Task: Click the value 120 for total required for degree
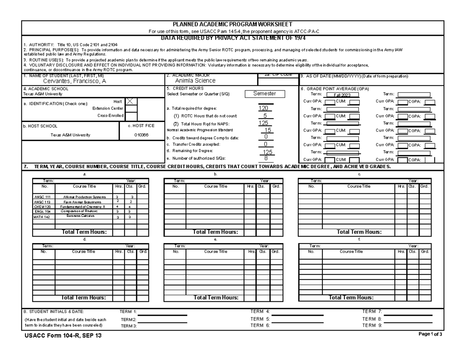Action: (263, 109)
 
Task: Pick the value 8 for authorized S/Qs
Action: (266, 158)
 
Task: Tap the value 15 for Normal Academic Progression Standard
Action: (268, 130)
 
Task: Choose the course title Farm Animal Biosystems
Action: (82, 202)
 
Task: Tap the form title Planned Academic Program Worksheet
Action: (232, 24)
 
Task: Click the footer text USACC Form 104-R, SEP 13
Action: (63, 336)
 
